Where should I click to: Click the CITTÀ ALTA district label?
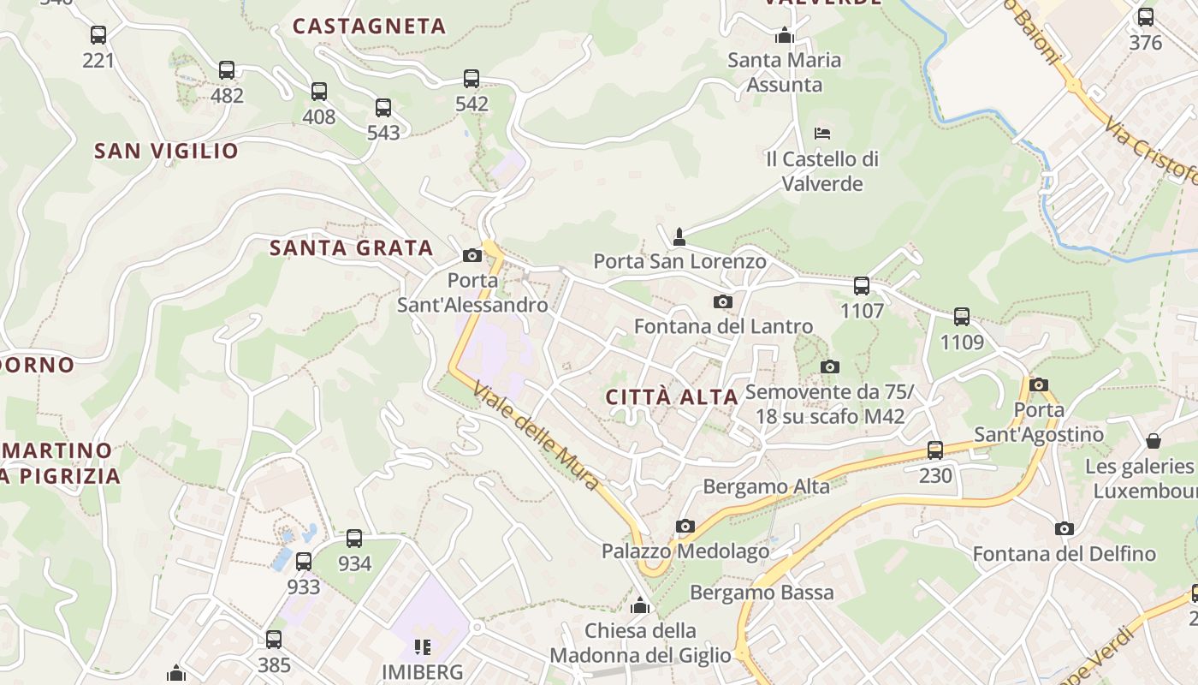tap(672, 397)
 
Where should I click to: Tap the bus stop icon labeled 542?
tap(471, 79)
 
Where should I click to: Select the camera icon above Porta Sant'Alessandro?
tap(471, 255)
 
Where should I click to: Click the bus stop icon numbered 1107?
tap(862, 286)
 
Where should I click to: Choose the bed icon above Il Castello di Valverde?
tap(822, 134)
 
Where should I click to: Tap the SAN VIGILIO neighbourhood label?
tap(166, 152)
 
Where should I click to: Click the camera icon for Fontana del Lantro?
tap(723, 301)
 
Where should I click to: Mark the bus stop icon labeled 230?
tap(935, 450)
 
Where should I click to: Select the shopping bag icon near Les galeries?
tap(1154, 441)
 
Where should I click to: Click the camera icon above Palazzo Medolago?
tap(685, 526)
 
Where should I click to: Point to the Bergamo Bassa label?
tap(762, 593)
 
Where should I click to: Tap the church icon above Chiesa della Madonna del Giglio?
tap(640, 606)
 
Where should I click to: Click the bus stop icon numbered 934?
tap(354, 539)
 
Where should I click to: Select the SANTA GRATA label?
tap(352, 248)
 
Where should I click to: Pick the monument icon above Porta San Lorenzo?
tap(679, 236)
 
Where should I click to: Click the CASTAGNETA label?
tap(370, 27)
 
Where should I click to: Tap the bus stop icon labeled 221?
tap(98, 35)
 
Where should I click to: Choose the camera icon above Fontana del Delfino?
tap(1064, 528)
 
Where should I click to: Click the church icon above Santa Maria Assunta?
tap(784, 36)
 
